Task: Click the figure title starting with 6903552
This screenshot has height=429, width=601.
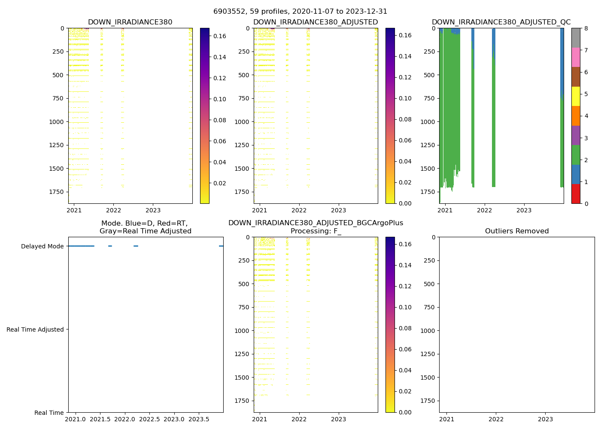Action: tap(300, 12)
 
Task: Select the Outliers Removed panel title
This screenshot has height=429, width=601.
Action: tap(517, 231)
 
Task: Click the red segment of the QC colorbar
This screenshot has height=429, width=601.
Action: tap(576, 194)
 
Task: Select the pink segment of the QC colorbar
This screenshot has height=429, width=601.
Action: tap(576, 57)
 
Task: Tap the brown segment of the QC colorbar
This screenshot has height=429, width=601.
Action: tap(576, 77)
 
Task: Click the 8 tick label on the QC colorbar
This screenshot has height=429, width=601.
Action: tap(586, 28)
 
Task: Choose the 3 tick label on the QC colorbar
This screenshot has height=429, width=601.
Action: tap(586, 138)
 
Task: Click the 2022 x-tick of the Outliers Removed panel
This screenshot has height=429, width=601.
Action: tap(496, 419)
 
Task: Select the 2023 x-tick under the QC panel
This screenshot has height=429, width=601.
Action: tap(524, 210)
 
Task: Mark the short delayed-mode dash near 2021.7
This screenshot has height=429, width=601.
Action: tap(110, 246)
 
